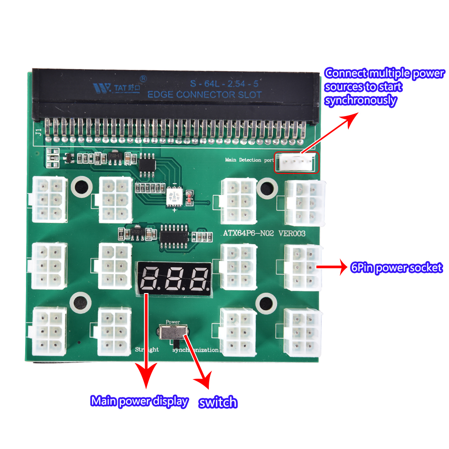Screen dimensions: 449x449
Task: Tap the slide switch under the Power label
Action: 173,333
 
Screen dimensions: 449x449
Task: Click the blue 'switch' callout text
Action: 218,402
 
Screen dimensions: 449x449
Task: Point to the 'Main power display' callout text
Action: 139,401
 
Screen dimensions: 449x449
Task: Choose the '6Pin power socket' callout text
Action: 396,268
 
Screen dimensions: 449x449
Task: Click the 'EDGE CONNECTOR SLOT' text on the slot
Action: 204,95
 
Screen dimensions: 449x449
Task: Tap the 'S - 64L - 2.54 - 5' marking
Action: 227,83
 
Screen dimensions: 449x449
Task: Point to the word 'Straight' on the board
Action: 147,350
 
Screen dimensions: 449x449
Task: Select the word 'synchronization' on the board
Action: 195,350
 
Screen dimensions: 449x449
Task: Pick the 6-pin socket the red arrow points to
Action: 302,268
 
